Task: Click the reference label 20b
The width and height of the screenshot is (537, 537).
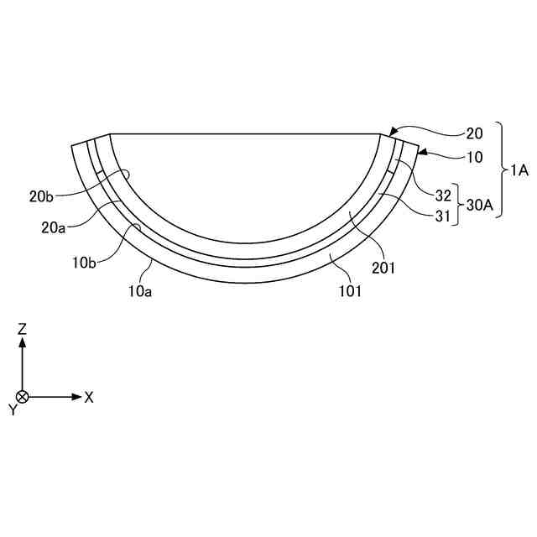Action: [x=41, y=196]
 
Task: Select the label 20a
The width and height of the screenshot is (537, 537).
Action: [x=53, y=227]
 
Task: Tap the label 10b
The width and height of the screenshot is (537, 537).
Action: [x=84, y=263]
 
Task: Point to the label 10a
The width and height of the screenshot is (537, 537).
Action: [x=140, y=291]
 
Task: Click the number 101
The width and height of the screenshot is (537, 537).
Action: [x=350, y=291]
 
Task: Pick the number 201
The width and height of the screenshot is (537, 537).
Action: [x=383, y=268]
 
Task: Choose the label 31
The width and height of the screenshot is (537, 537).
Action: [x=442, y=216]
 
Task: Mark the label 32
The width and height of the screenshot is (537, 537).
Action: [x=443, y=196]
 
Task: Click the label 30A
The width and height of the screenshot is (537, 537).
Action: [x=480, y=205]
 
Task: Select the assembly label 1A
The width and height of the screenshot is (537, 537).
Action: [x=519, y=170]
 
